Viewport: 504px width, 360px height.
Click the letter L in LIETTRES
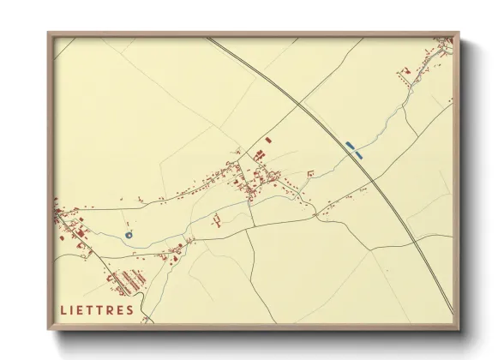click(x=64, y=310)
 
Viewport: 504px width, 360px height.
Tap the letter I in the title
click(x=73, y=310)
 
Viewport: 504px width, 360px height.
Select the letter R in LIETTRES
click(x=108, y=310)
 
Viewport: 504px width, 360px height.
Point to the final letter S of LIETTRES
click(x=129, y=310)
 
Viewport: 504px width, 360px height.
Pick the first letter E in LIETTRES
click(x=82, y=310)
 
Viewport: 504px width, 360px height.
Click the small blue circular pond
click(x=129, y=235)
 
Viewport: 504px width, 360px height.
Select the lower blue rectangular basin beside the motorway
click(x=358, y=155)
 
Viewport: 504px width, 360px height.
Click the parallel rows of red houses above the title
click(x=129, y=279)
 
